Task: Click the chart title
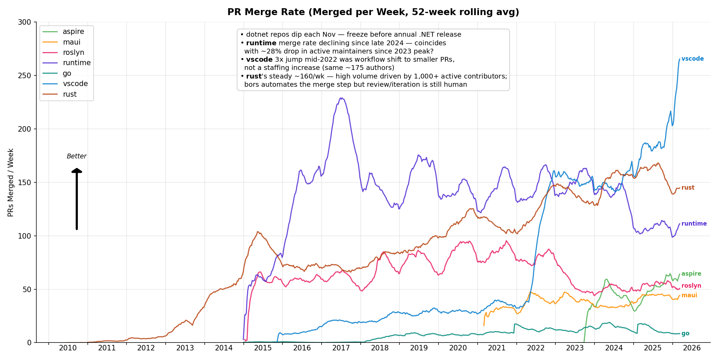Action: (x=373, y=12)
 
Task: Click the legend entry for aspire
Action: (x=73, y=32)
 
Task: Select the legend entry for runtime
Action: (x=77, y=63)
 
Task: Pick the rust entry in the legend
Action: (x=70, y=94)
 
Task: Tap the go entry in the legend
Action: (x=67, y=73)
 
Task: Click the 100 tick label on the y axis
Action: (x=26, y=236)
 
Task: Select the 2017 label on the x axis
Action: (x=341, y=348)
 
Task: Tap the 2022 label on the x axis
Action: (x=536, y=348)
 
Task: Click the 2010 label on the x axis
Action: (x=68, y=348)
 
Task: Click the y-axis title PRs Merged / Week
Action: (x=11, y=182)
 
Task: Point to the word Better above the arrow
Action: (x=76, y=156)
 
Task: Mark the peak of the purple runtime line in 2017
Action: (x=341, y=98)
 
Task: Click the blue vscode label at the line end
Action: (x=692, y=59)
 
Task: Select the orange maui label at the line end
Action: (x=689, y=295)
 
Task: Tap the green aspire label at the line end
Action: (x=691, y=274)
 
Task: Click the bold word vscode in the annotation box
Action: (x=259, y=60)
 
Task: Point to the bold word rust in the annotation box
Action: (x=254, y=76)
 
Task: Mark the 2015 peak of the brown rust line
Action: (x=258, y=232)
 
